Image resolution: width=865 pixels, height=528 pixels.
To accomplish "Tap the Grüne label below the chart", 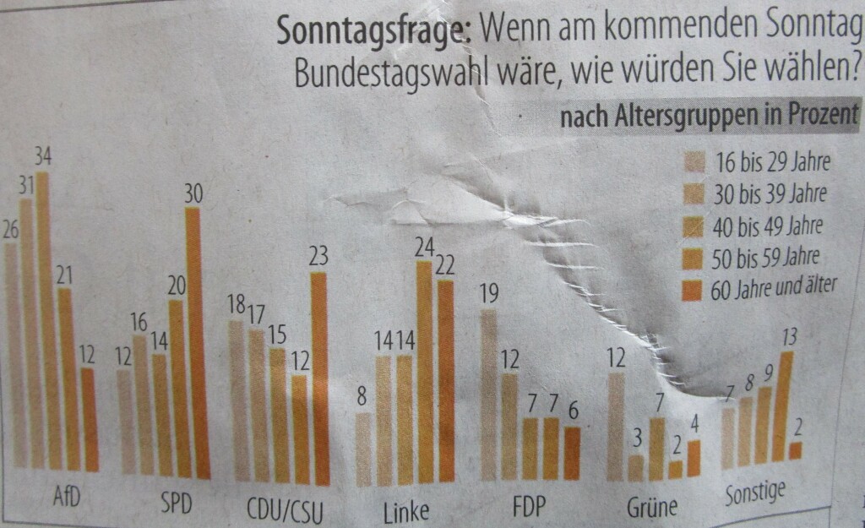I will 652,508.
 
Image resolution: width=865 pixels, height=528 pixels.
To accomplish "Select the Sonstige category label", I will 756,492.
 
